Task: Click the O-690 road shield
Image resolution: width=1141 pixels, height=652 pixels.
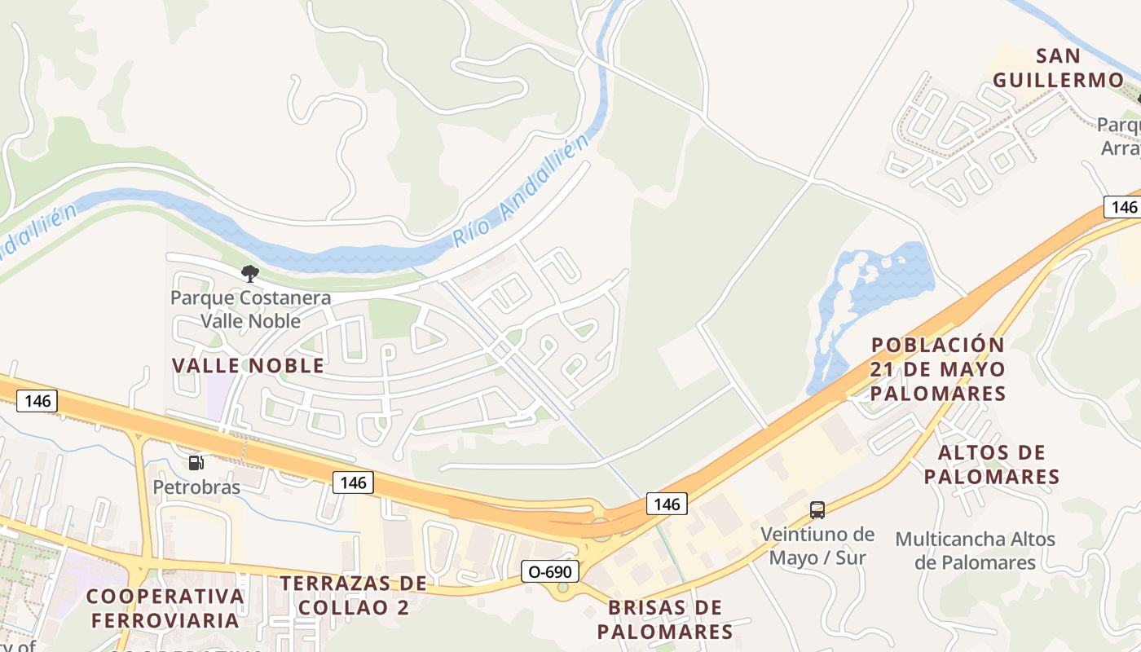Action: pos(550,571)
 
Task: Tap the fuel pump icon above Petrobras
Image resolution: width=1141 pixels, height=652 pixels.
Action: pos(196,463)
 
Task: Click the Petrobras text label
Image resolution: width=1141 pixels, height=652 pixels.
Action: pos(196,487)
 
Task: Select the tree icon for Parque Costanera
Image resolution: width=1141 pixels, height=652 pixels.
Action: pos(250,274)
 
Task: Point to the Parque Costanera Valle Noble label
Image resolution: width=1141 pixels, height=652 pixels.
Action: pos(250,308)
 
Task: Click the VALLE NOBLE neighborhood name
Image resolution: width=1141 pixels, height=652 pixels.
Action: pos(248,365)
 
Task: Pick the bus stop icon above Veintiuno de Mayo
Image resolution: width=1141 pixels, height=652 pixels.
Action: pos(817,510)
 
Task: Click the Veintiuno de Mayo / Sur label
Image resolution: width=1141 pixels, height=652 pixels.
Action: pos(817,546)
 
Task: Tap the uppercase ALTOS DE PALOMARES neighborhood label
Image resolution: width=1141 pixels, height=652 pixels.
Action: pos(991,464)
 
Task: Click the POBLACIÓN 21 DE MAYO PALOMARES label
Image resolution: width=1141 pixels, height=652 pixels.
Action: pos(937,368)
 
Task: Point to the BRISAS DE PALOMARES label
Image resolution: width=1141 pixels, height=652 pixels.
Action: pos(665,619)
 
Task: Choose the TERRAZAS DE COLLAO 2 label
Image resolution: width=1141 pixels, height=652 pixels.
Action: pos(353,594)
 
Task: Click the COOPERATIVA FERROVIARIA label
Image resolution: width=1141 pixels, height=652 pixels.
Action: pos(165,607)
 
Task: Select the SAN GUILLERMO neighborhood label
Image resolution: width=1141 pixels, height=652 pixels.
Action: pos(1058,68)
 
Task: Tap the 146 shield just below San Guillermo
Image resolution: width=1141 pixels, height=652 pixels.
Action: pos(1123,206)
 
